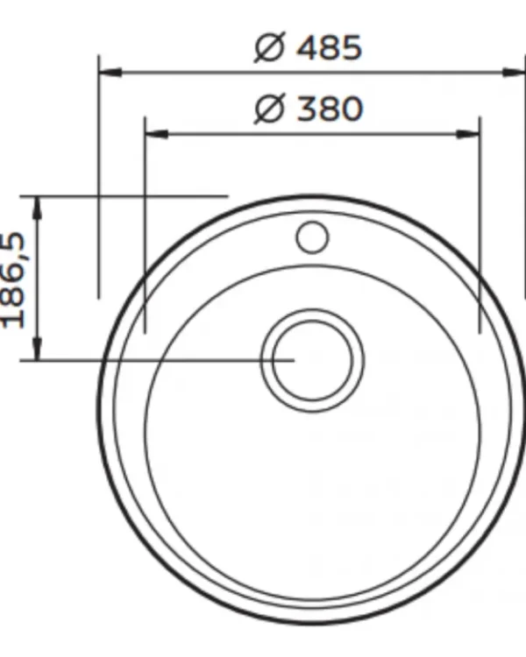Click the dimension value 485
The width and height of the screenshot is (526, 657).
(329, 47)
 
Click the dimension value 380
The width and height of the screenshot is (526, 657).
(329, 109)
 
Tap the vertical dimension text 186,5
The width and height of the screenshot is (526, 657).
(13, 280)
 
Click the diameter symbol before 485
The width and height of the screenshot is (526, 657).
(269, 47)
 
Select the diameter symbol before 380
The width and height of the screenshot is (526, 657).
(269, 109)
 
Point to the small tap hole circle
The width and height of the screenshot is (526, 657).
(312, 237)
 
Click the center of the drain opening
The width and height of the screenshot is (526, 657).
(312, 360)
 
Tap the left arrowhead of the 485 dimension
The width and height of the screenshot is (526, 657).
(110, 73)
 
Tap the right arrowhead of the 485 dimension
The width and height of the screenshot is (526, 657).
(514, 73)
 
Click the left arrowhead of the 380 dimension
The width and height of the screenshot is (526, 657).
(156, 134)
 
